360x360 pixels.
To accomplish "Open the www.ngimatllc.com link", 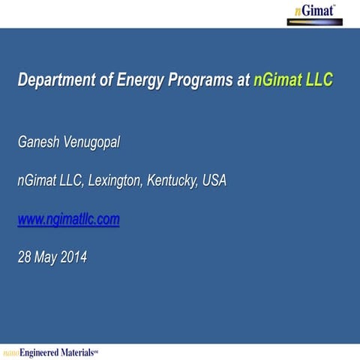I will (68, 219).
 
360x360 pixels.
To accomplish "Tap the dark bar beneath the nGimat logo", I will (316, 22).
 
